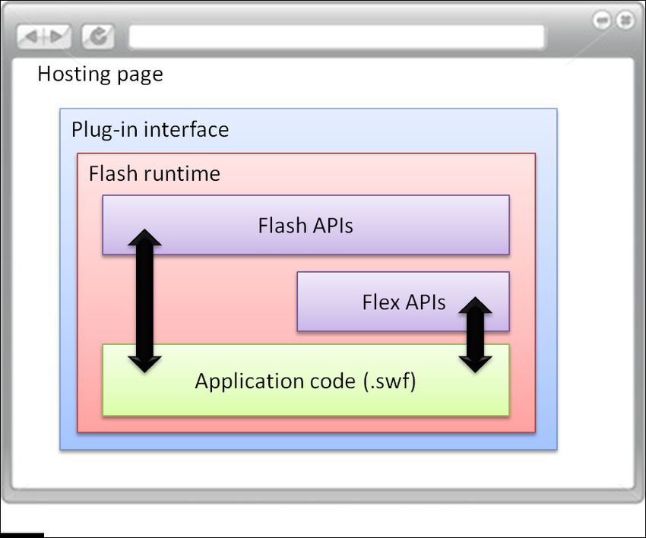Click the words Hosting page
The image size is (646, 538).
point(100,74)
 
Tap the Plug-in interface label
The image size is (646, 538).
point(150,130)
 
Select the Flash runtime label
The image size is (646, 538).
point(154,173)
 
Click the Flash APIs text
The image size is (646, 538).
point(306,226)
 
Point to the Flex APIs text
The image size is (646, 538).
point(404,302)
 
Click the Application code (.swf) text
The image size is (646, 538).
point(306,381)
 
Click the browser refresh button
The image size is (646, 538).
point(98,36)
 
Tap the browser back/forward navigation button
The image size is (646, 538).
point(43,36)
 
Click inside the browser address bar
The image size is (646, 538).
point(337,37)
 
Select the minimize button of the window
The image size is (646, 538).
point(602,20)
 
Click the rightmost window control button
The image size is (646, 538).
point(625,20)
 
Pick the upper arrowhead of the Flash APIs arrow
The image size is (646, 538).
point(144,238)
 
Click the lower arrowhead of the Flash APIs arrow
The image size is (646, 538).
point(144,365)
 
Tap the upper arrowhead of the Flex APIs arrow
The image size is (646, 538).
point(476,305)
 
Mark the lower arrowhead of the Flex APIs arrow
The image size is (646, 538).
point(476,365)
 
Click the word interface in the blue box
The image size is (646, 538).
point(186,129)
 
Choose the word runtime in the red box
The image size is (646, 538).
point(182,174)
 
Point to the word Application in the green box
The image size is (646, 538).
point(252,381)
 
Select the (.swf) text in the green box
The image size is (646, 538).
point(390,381)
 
